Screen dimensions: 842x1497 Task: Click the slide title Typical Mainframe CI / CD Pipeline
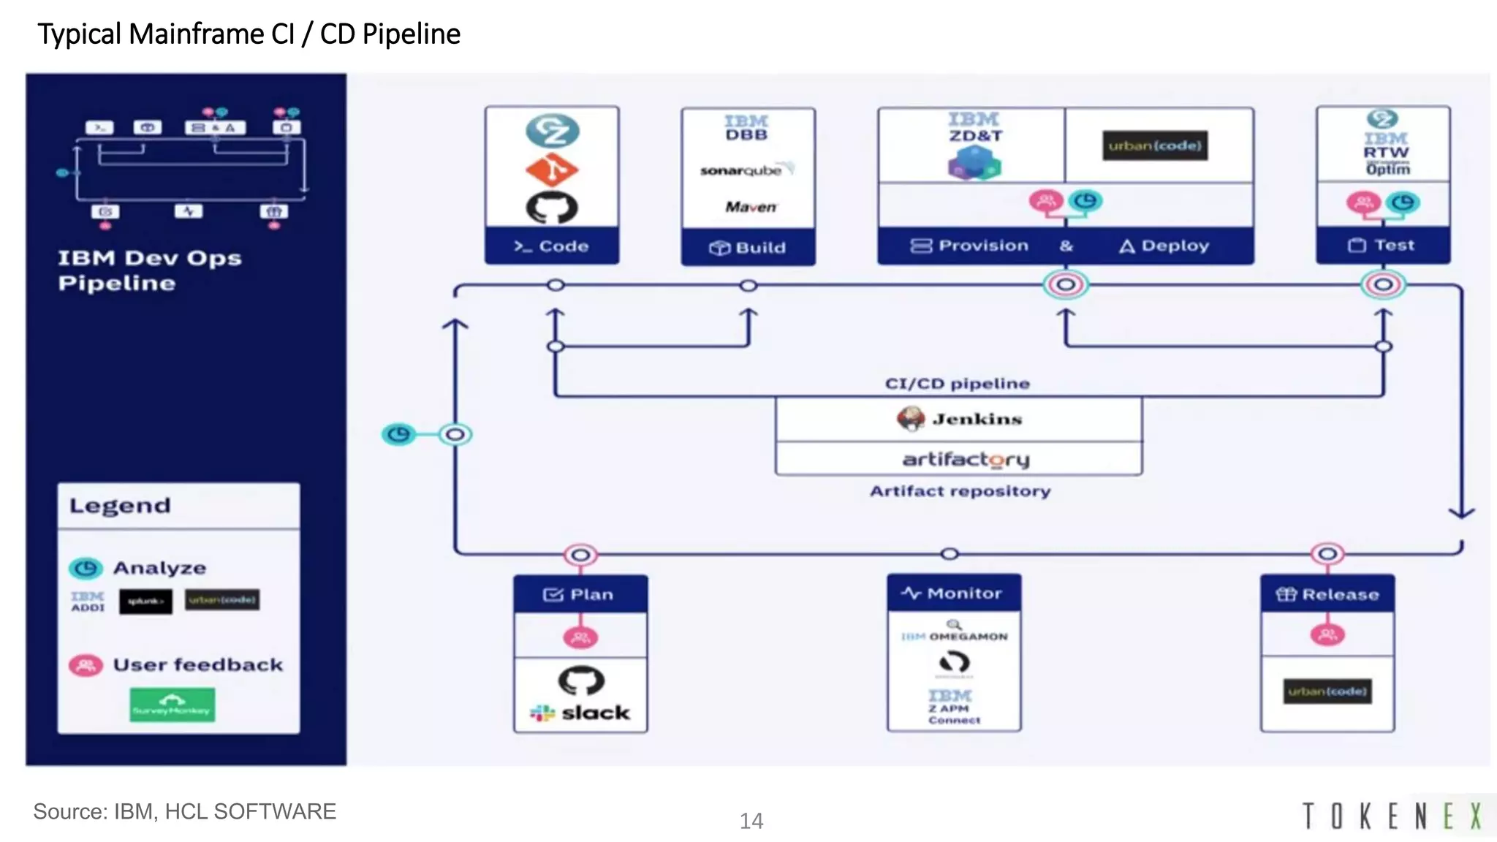(x=249, y=34)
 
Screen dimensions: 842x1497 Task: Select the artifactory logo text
(x=965, y=460)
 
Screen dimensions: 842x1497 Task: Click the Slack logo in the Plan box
(x=581, y=713)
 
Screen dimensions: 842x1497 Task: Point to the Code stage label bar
(x=552, y=246)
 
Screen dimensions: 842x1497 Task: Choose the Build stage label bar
(x=748, y=248)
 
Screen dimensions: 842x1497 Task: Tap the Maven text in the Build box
(x=751, y=207)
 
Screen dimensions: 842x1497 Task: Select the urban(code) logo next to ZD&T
(x=1155, y=145)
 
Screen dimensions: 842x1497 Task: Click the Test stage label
(x=1382, y=246)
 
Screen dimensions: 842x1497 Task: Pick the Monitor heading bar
(x=953, y=593)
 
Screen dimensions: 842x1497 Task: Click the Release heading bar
(x=1327, y=594)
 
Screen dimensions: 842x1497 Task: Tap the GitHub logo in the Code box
(x=552, y=208)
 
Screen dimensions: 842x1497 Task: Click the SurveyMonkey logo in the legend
(x=173, y=705)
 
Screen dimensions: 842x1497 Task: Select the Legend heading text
(x=120, y=506)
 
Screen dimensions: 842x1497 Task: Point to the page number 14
(x=751, y=821)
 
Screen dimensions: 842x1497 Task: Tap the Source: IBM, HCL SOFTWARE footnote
(x=184, y=811)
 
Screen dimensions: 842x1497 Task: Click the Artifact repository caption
(x=960, y=491)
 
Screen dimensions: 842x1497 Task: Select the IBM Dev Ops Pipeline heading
(x=149, y=270)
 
